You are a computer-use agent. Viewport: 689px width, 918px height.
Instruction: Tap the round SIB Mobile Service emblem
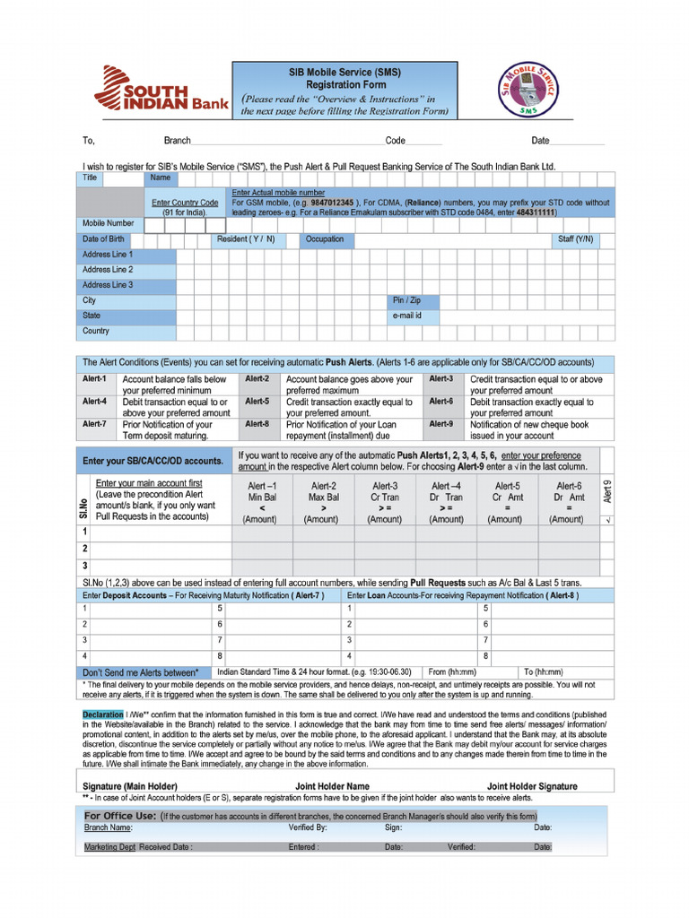pyautogui.click(x=536, y=90)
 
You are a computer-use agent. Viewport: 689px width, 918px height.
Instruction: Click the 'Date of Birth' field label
pyautogui.click(x=103, y=239)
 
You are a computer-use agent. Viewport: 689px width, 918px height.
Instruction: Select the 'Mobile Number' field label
pyautogui.click(x=108, y=223)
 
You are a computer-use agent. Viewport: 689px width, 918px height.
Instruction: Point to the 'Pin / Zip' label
pyautogui.click(x=406, y=300)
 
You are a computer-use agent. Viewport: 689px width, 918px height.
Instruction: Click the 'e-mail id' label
pyautogui.click(x=406, y=316)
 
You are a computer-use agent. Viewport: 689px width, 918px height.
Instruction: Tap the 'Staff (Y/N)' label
pyautogui.click(x=575, y=239)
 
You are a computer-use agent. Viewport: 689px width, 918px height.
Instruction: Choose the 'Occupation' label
pyautogui.click(x=324, y=239)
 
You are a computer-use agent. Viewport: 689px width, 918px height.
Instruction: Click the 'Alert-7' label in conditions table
pyautogui.click(x=94, y=424)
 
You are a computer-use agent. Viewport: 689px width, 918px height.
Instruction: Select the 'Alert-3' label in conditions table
pyautogui.click(x=440, y=378)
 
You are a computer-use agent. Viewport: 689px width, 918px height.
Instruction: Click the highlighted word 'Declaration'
pyautogui.click(x=103, y=714)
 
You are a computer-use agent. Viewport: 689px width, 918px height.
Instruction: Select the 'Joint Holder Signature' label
pyautogui.click(x=532, y=786)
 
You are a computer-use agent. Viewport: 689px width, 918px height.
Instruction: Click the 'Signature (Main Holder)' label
pyautogui.click(x=130, y=786)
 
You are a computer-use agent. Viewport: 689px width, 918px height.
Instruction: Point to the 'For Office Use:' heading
pyautogui.click(x=120, y=816)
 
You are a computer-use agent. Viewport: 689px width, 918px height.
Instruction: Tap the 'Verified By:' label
pyautogui.click(x=307, y=827)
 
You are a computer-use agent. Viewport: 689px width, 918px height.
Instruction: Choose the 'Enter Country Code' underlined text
pyautogui.click(x=185, y=203)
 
